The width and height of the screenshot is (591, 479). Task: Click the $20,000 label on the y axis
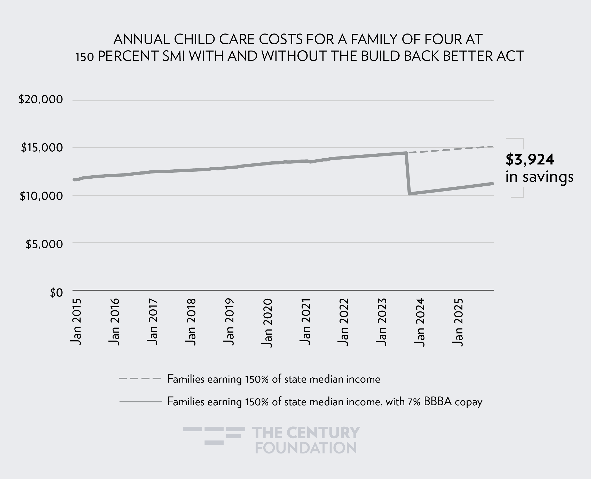click(x=41, y=100)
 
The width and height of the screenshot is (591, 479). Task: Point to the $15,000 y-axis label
click(x=42, y=148)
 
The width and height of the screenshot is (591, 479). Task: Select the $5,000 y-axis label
click(x=44, y=244)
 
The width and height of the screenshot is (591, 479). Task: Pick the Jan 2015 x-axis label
click(x=76, y=322)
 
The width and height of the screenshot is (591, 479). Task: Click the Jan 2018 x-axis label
click(x=191, y=322)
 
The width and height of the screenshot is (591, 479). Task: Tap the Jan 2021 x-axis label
click(x=305, y=322)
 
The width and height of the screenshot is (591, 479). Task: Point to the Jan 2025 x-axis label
click(x=458, y=322)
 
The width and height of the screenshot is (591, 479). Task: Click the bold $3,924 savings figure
click(x=530, y=160)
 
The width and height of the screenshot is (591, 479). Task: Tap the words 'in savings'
click(x=539, y=177)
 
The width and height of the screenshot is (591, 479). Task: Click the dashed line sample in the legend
click(x=139, y=379)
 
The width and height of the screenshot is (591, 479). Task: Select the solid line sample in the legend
click(x=140, y=401)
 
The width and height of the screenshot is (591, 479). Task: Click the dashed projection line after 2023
click(x=450, y=150)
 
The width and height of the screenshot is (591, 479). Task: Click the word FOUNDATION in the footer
click(x=306, y=448)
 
